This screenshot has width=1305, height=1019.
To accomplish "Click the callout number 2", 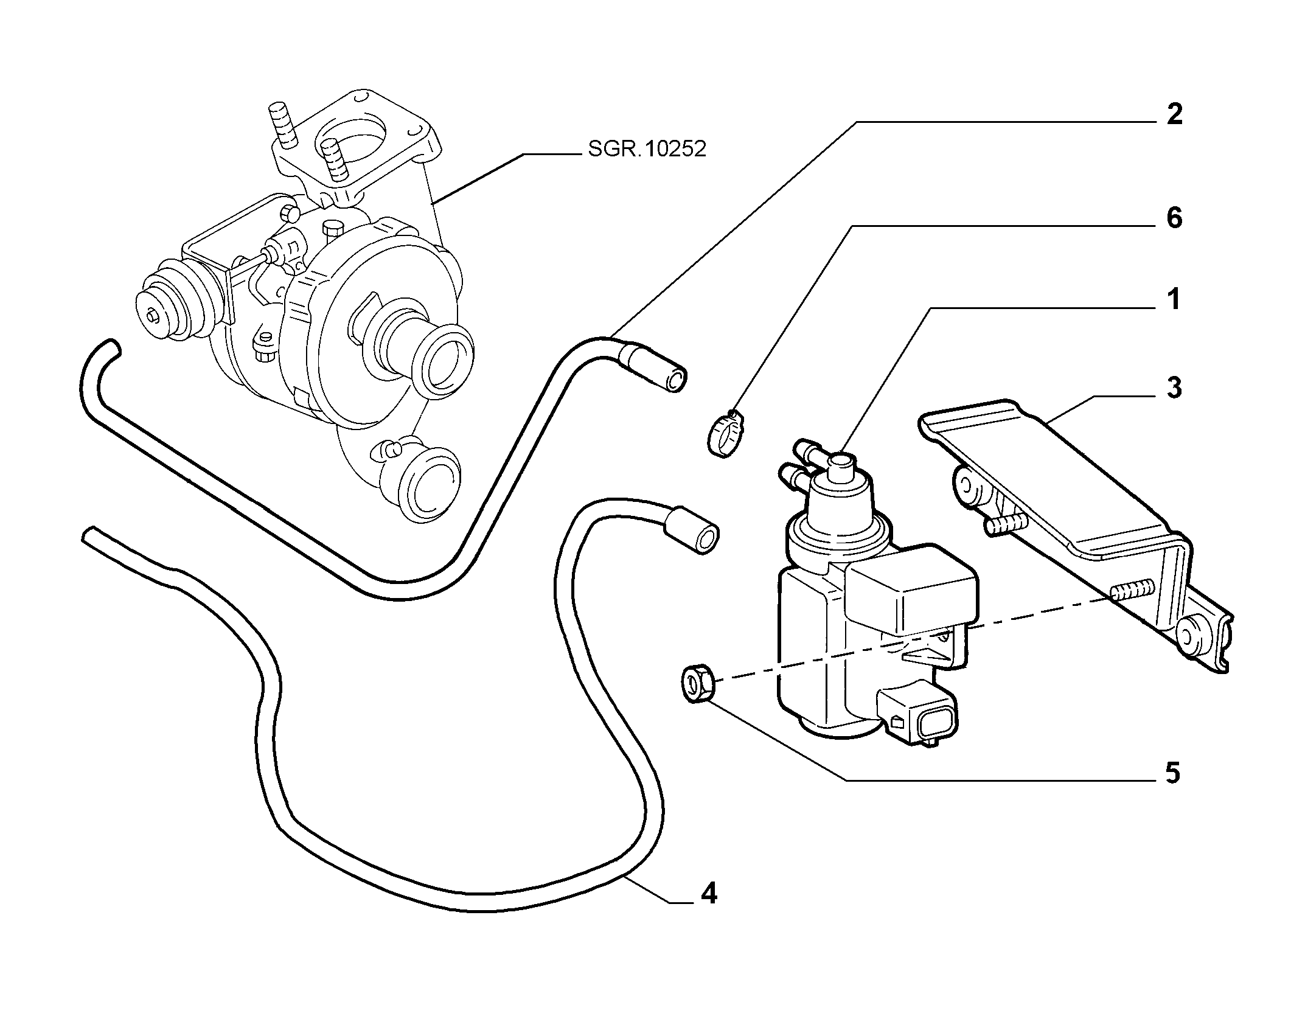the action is click(1174, 114).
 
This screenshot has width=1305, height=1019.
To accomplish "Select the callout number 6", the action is click(1174, 218).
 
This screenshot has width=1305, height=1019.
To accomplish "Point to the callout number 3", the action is click(1174, 388).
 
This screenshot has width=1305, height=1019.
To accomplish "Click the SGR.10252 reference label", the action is click(647, 149).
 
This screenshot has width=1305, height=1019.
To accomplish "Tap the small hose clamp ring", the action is click(723, 434).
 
